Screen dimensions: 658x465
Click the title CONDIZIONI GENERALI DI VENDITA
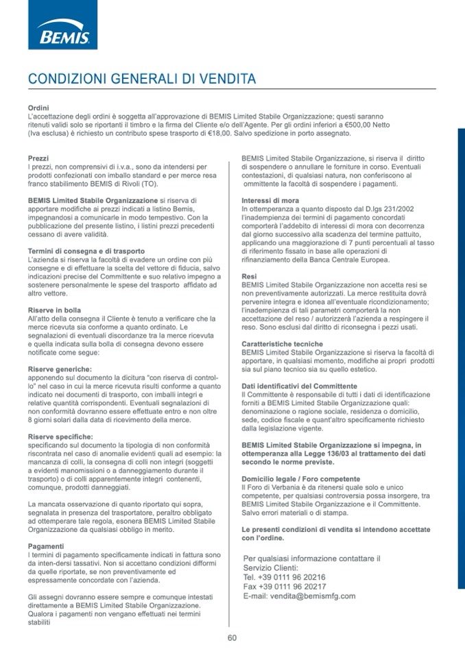(142, 79)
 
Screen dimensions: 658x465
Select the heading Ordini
(38, 108)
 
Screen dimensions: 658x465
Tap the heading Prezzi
(38, 158)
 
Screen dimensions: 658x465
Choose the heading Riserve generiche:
(60, 369)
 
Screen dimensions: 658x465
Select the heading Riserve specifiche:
(60, 436)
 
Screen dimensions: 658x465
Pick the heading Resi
(250, 276)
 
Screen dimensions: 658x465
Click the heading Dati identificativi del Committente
(299, 386)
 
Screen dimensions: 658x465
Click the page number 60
(232, 637)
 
